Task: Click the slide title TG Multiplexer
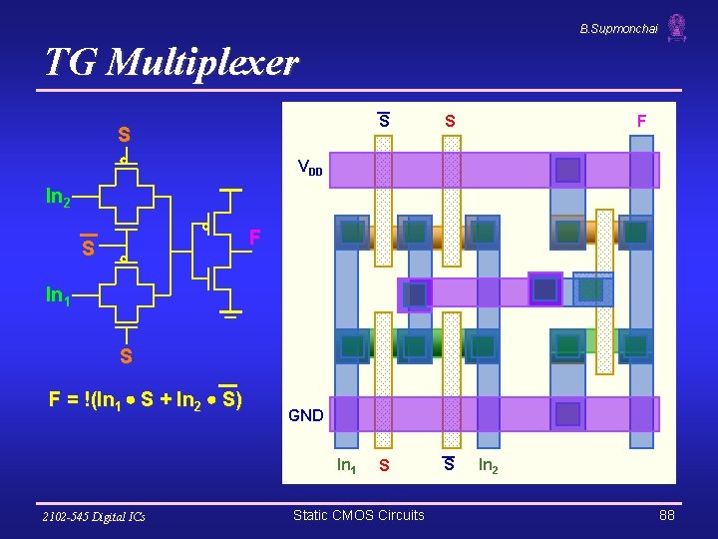(171, 63)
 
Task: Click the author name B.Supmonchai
(618, 29)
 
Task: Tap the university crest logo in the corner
(677, 27)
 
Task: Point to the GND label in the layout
(305, 415)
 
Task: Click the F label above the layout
(641, 121)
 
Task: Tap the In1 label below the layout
(346, 465)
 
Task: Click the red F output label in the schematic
(255, 238)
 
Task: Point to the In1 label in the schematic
(58, 294)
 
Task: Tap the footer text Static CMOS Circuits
(358, 515)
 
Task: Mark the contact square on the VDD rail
(567, 170)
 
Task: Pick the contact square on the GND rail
(567, 414)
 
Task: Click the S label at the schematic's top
(124, 135)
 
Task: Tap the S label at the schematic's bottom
(126, 355)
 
